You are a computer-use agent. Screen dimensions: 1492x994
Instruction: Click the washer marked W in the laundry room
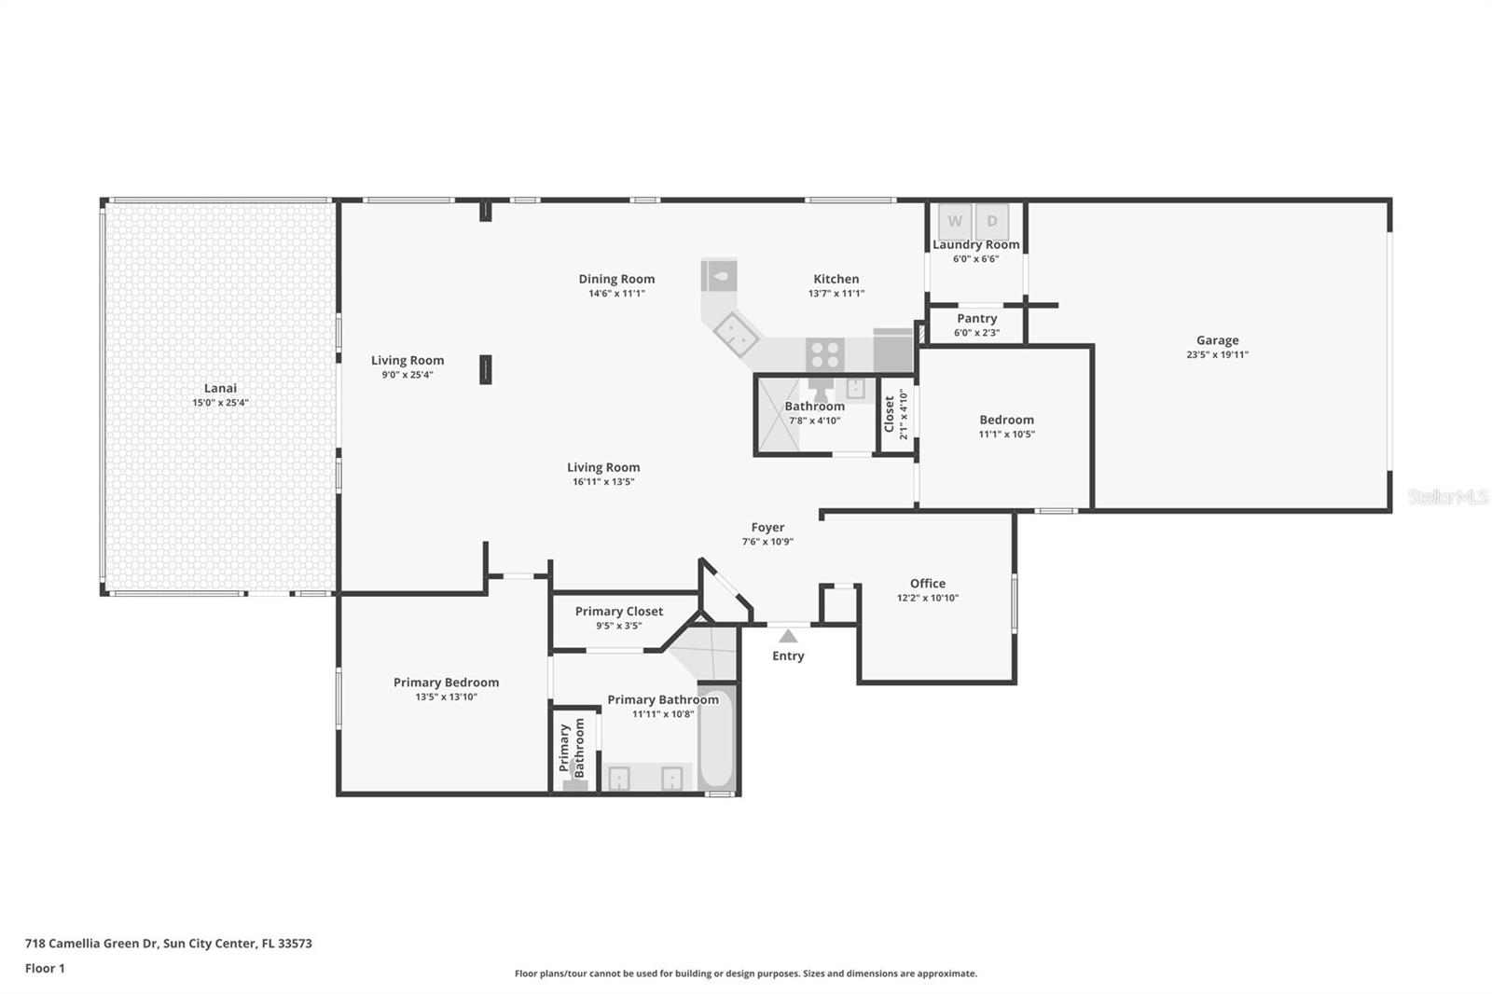[x=955, y=221]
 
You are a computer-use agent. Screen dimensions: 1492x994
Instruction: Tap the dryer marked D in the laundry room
[x=992, y=221]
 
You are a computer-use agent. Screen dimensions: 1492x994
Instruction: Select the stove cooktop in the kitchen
[x=825, y=354]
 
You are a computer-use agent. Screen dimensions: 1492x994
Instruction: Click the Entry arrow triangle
[x=788, y=636]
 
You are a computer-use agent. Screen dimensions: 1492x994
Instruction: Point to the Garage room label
[x=1218, y=339]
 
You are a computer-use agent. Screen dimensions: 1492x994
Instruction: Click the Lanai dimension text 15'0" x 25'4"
[x=220, y=403]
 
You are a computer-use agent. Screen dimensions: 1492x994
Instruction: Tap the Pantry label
[x=977, y=319]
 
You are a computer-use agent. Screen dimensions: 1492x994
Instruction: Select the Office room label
[x=928, y=583]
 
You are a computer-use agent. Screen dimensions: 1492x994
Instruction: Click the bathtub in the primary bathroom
[x=717, y=738]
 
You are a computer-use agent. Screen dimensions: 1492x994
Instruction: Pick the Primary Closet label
[x=619, y=612]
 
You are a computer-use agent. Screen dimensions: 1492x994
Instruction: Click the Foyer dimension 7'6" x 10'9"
[x=768, y=542]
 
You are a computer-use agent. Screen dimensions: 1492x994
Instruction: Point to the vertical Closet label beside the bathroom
[x=890, y=414]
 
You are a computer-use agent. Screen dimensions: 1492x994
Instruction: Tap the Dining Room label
[x=616, y=279]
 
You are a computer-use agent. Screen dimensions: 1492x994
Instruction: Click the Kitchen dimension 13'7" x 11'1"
[x=836, y=293]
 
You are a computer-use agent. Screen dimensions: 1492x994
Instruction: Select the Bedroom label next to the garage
[x=1006, y=420]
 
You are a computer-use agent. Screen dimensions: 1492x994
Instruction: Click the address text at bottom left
[x=169, y=944]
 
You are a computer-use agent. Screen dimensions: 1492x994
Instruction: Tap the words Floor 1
[x=46, y=969]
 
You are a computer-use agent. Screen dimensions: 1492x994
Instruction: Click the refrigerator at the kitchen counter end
[x=892, y=351]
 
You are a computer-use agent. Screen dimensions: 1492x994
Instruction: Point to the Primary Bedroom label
[x=447, y=683]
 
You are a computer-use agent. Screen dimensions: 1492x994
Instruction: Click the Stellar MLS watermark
[x=1448, y=497]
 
